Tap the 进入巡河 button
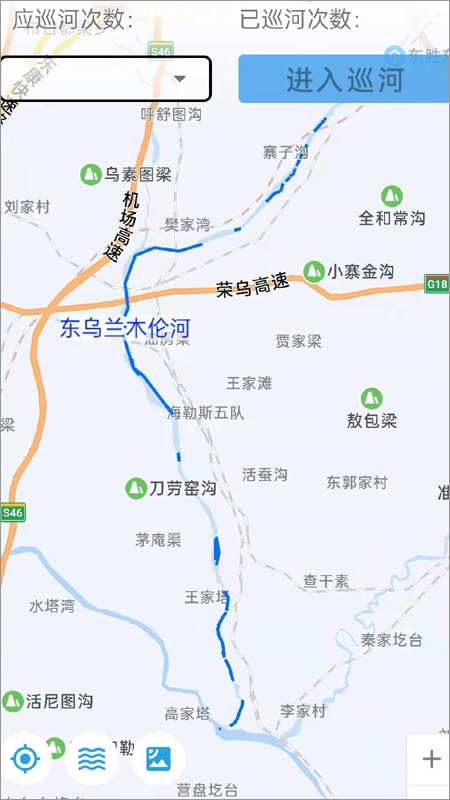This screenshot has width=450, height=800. point(344,79)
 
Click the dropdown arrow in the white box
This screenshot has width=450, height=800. point(181,79)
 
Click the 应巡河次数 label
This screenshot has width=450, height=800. point(72,19)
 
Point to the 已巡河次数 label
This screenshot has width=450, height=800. point(300,19)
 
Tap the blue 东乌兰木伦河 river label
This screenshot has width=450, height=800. point(123,328)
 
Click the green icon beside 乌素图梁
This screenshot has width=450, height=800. point(90,175)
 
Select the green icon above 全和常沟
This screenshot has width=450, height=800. point(393,195)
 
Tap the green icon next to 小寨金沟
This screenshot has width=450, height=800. point(314,271)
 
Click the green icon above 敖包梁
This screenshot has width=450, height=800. point(372,398)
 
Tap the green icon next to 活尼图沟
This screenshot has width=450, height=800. point(12,701)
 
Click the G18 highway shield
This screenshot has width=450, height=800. point(437,284)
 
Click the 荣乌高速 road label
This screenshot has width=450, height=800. point(253,286)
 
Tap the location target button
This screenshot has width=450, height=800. point(25,760)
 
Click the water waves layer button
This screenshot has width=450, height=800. point(92,760)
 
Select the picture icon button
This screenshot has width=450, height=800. point(158,759)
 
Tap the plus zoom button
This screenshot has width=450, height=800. point(431,760)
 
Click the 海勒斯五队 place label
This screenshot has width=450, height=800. point(206,412)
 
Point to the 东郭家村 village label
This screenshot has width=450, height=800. point(356,482)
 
